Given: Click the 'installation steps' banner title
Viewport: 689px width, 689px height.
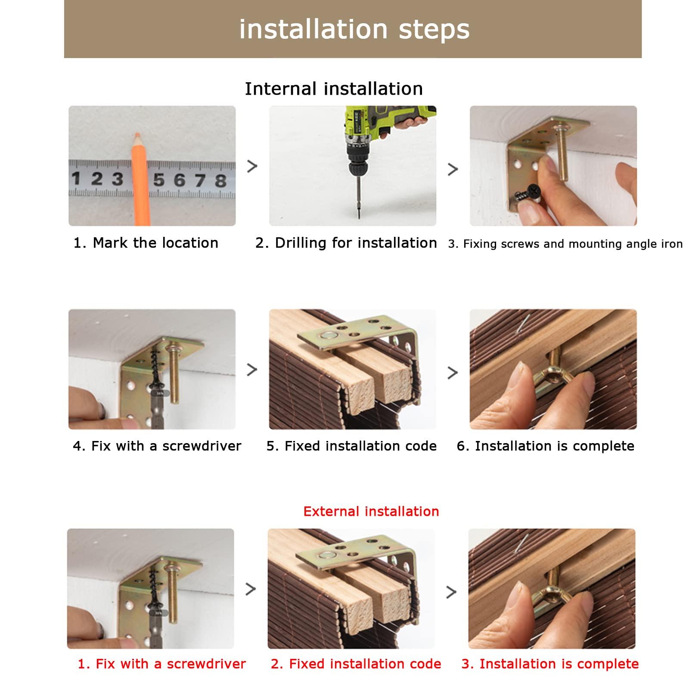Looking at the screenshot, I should (354, 30).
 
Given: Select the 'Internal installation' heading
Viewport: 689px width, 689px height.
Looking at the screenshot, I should (334, 89).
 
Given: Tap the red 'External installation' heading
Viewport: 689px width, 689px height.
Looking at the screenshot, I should (371, 512).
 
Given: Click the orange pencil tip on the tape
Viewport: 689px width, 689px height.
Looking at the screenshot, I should (137, 137).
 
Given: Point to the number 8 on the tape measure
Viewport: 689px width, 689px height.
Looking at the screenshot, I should (221, 180).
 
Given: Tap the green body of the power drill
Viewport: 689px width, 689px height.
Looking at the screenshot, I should (366, 123).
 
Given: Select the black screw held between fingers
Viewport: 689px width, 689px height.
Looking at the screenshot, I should (529, 194).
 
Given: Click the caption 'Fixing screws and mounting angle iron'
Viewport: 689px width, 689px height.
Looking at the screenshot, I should (565, 244).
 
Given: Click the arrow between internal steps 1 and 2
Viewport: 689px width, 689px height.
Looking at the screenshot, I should (252, 166).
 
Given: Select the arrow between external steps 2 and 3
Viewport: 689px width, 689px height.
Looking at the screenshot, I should (451, 593).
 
